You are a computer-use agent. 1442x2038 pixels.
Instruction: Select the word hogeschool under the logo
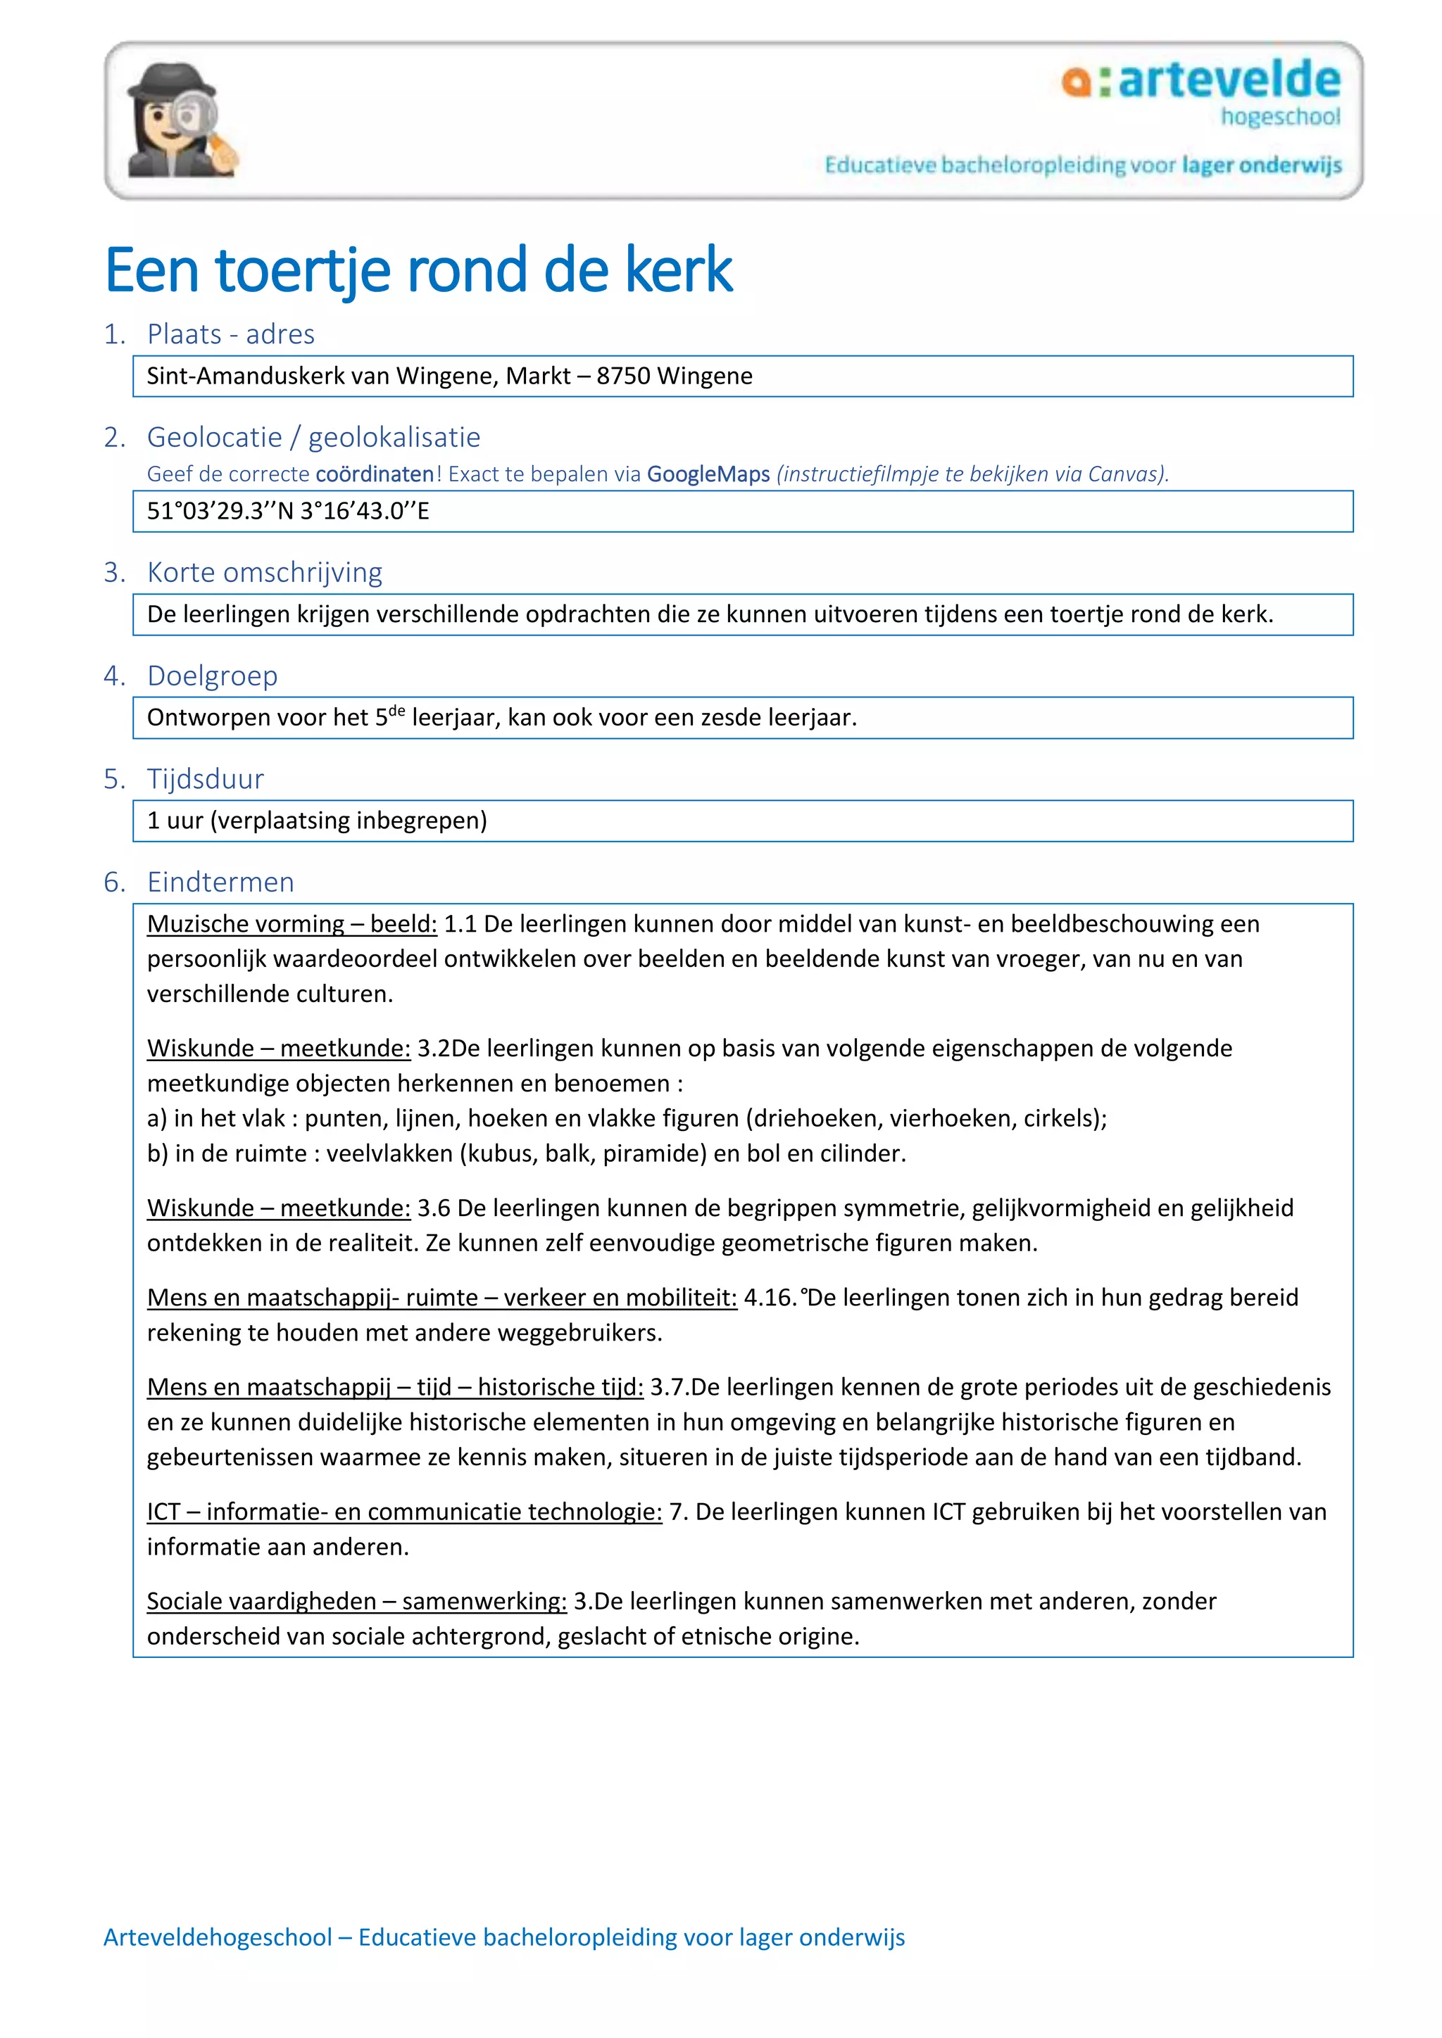[1279, 116]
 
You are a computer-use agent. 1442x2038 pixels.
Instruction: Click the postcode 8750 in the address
[623, 376]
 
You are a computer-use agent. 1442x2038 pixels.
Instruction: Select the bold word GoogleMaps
[708, 474]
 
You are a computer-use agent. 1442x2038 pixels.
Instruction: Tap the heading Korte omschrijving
[265, 573]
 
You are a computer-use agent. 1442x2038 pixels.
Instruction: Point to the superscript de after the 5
[397, 710]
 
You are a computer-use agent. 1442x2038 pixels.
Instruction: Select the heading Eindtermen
[220, 882]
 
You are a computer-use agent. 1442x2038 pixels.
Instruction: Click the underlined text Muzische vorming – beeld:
[292, 924]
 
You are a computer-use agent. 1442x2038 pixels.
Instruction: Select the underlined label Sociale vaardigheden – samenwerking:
[356, 1601]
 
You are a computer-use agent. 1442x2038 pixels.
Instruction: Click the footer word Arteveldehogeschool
[218, 1937]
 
